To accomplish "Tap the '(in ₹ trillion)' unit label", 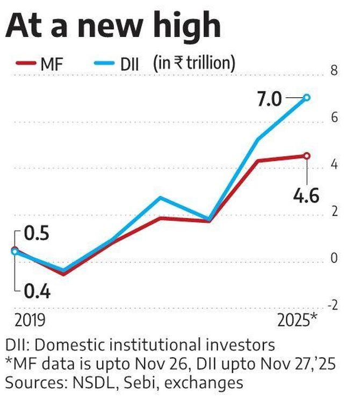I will point(193,64).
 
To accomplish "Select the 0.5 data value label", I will point(36,235).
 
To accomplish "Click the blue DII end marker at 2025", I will point(307,98).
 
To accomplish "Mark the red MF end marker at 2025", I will point(307,156).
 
